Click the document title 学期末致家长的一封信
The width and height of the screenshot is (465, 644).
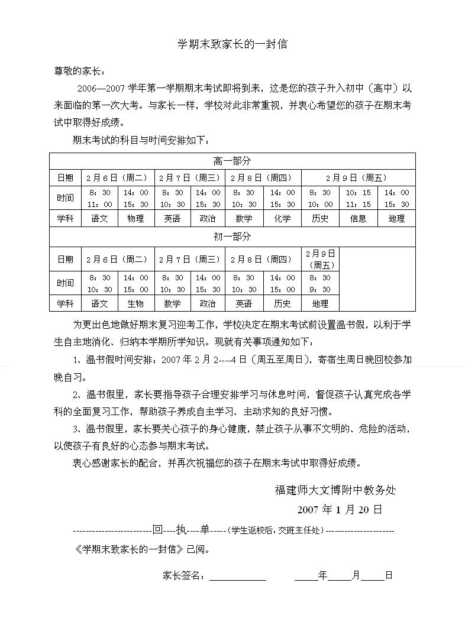point(233,45)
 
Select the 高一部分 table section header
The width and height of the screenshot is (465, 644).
point(232,161)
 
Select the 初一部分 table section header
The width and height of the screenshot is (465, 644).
point(232,237)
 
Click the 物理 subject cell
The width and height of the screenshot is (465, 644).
point(135,218)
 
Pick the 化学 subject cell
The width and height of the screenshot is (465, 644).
point(282,218)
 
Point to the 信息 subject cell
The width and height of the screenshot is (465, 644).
point(358,218)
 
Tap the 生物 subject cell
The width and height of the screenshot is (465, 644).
point(135,303)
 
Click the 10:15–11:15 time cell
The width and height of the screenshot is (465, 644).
point(358,198)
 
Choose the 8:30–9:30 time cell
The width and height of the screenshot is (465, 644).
point(320,283)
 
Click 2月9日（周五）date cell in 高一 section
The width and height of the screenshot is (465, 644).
point(358,177)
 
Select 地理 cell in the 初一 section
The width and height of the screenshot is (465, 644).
point(320,303)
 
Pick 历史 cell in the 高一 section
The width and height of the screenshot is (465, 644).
point(320,218)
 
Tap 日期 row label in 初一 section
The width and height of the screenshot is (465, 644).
point(65,259)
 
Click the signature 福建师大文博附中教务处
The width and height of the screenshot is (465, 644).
point(335,490)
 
